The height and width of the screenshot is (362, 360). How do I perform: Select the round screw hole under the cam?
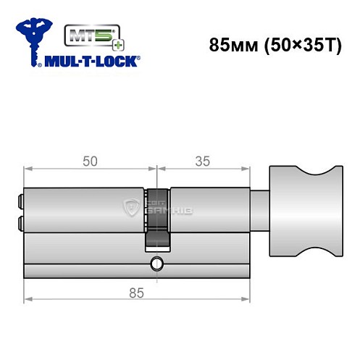[x=156, y=264]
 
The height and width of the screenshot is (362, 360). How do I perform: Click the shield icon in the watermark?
[x=133, y=209]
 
